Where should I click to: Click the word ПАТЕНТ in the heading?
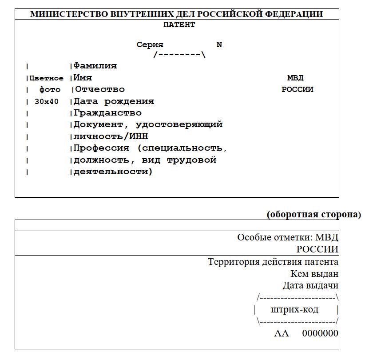click(x=179, y=25)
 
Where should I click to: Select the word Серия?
click(x=150, y=44)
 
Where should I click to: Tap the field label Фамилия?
click(x=95, y=66)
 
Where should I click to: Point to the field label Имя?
click(x=83, y=78)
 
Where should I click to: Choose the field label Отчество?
click(x=100, y=89)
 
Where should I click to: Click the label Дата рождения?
click(x=114, y=101)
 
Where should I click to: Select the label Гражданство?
click(x=107, y=113)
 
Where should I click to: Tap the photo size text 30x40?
click(x=47, y=101)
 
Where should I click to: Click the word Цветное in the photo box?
click(x=47, y=78)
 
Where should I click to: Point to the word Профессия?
click(x=101, y=148)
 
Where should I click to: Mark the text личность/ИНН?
click(x=111, y=136)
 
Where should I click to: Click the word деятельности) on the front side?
click(x=113, y=172)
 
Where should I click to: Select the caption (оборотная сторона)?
click(x=314, y=214)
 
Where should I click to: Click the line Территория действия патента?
click(x=273, y=262)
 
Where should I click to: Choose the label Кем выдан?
click(x=314, y=274)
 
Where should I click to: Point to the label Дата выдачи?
click(x=310, y=285)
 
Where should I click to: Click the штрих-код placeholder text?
click(x=294, y=309)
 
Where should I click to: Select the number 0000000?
click(x=320, y=333)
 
